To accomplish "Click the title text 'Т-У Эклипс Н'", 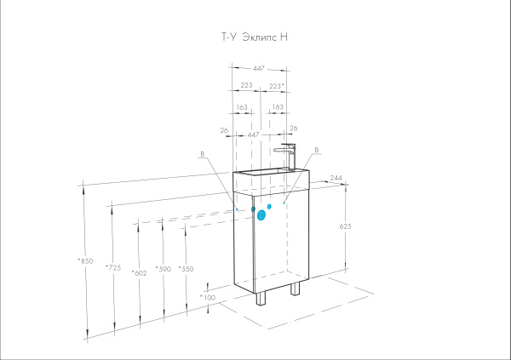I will click(x=256, y=37).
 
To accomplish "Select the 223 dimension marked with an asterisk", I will click(x=276, y=86).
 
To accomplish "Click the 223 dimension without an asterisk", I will click(x=246, y=86).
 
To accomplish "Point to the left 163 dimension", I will click(x=242, y=107).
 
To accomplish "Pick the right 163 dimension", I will click(x=277, y=107).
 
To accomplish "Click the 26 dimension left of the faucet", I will click(x=223, y=129).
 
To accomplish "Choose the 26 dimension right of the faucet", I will click(x=293, y=129).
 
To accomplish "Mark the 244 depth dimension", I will click(x=336, y=178).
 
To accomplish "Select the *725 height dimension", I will click(x=112, y=267).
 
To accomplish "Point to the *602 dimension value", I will click(x=140, y=271).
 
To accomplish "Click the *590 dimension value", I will click(x=164, y=269).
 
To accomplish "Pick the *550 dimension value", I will click(x=186, y=269).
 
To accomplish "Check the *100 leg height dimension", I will click(x=208, y=297).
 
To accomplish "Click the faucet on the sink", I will click(x=288, y=154).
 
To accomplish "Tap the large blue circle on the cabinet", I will click(x=261, y=215).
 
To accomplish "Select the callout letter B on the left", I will click(x=202, y=155).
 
